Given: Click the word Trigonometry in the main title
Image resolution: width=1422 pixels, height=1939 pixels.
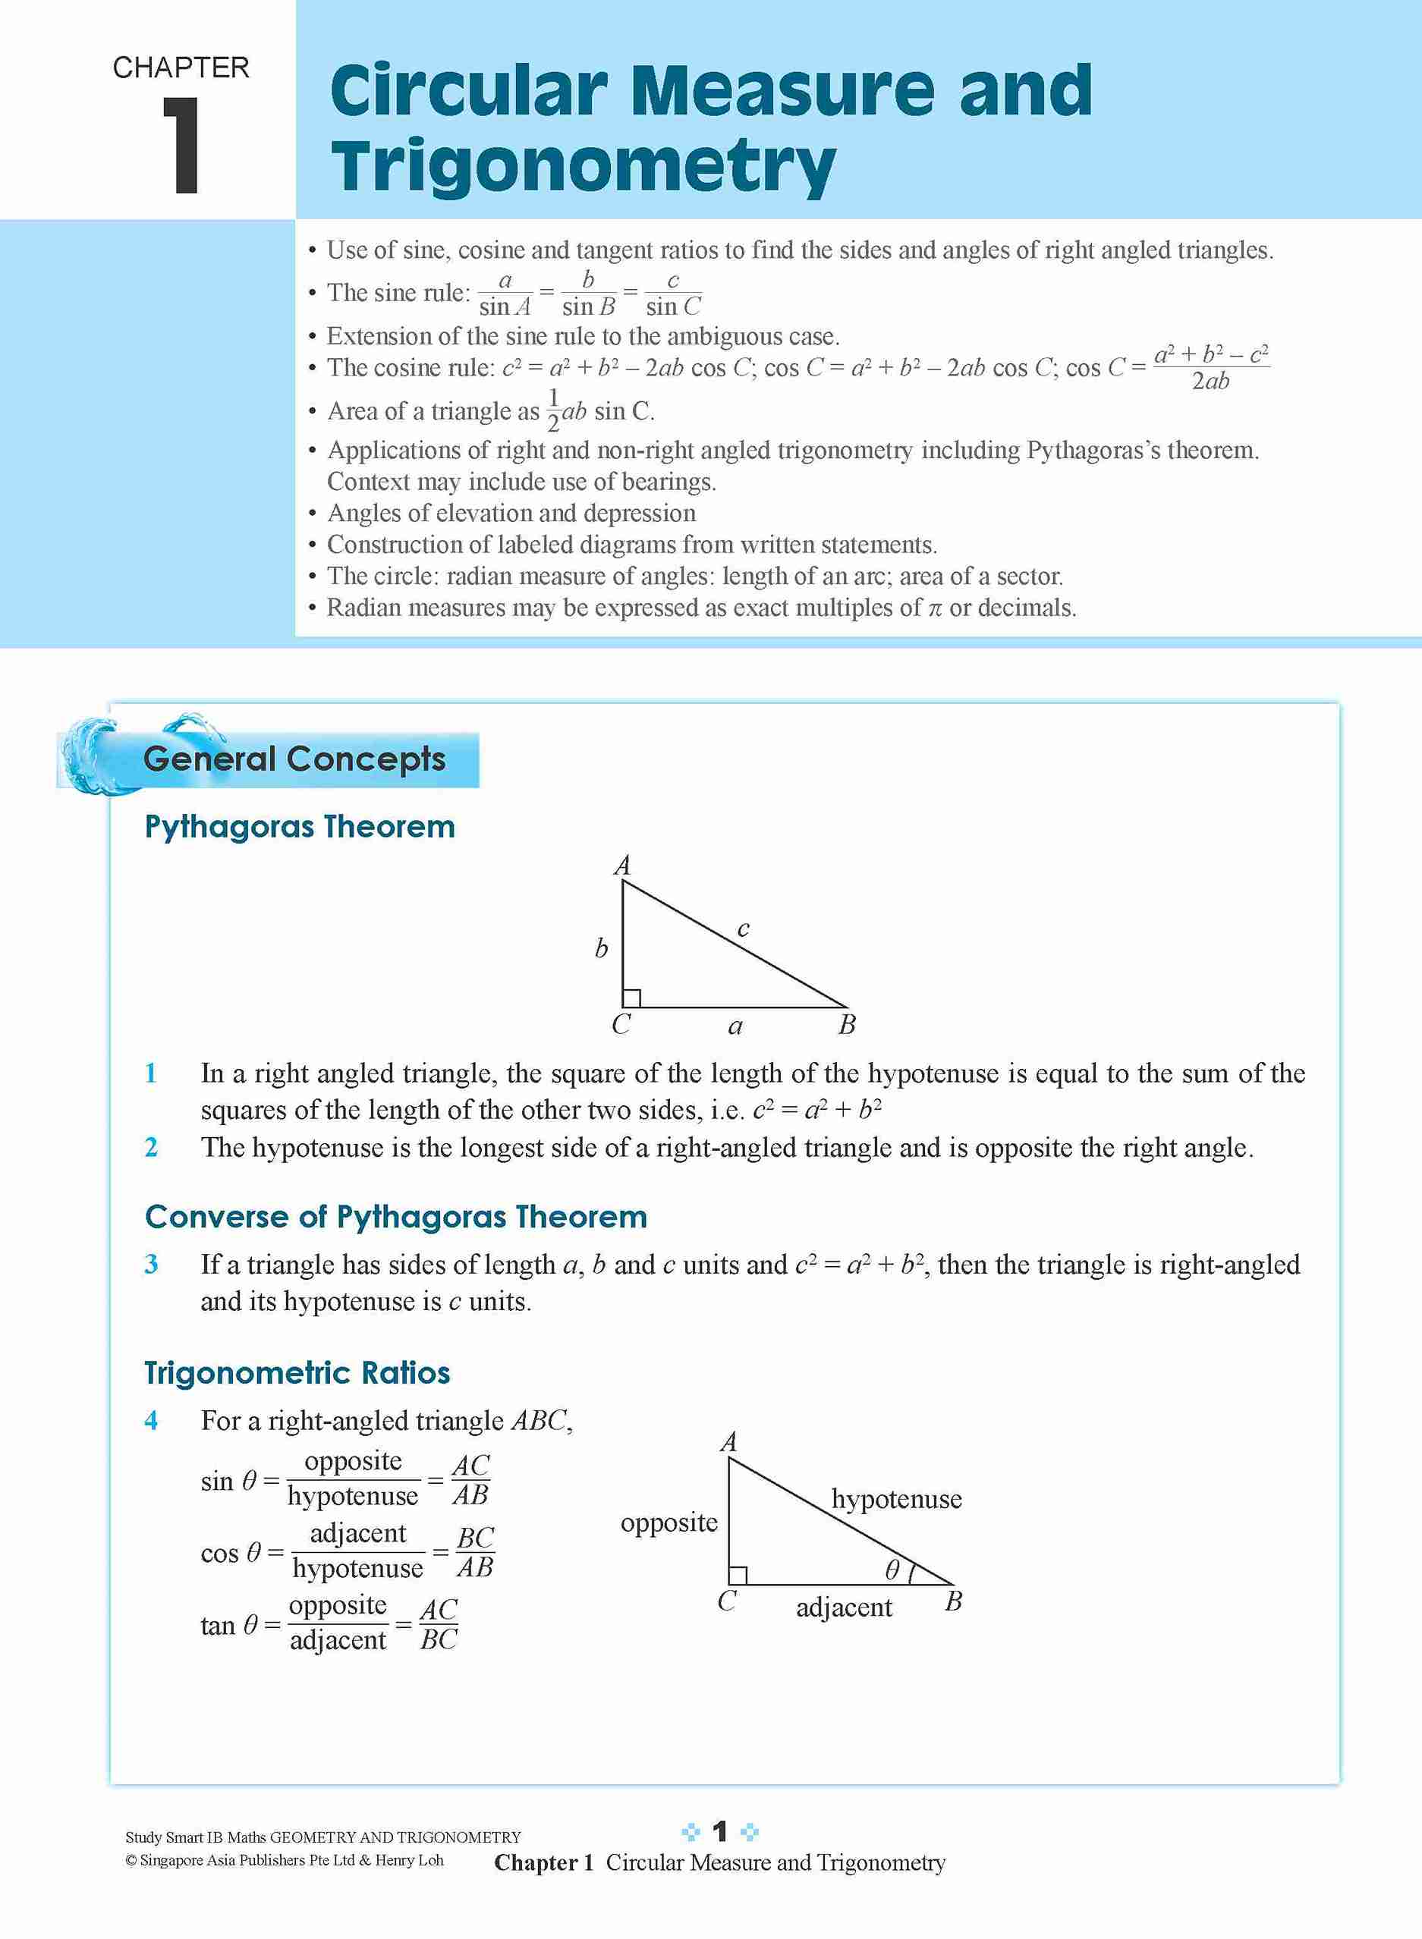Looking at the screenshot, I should (x=583, y=167).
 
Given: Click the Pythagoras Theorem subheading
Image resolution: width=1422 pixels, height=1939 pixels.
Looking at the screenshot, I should (x=300, y=827).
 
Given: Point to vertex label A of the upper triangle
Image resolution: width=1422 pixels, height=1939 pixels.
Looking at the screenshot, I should (x=622, y=865).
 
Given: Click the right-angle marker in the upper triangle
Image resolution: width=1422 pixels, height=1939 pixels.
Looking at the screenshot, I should (x=632, y=998).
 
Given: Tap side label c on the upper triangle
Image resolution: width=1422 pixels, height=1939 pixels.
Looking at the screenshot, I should (x=744, y=929).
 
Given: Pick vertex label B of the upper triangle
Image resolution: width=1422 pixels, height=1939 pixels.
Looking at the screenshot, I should (x=847, y=1025).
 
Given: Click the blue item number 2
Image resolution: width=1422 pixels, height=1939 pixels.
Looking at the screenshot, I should (x=152, y=1147).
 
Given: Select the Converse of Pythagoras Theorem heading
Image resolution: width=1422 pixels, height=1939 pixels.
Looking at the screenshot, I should (x=396, y=1217).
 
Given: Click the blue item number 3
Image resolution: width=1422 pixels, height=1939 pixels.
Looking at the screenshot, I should (x=152, y=1265).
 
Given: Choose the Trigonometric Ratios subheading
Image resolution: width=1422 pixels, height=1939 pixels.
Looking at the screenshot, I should (x=297, y=1373).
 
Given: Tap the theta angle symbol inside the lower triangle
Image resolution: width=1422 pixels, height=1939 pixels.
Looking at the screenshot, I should (x=892, y=1570).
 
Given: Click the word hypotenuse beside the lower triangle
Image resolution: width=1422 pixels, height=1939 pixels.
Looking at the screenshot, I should (x=896, y=1499).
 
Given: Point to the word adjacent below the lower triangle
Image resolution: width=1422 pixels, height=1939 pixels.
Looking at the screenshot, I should (x=844, y=1607).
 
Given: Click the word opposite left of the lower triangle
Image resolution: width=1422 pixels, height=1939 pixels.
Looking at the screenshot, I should (x=669, y=1523).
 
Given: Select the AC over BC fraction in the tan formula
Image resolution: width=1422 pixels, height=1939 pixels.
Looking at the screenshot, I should (x=438, y=1624).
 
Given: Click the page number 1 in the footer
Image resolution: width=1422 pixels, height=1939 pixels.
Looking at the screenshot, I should (x=720, y=1832).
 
